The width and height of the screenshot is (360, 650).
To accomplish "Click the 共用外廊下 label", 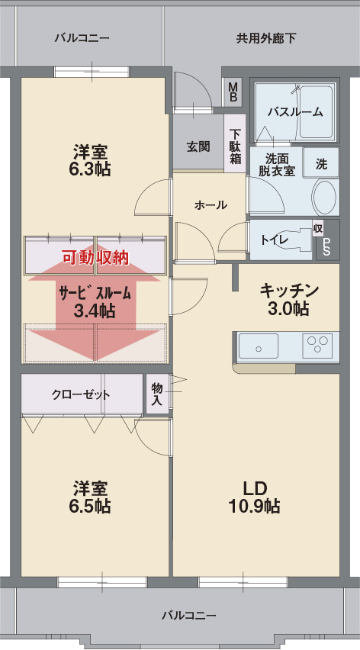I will click(x=265, y=37).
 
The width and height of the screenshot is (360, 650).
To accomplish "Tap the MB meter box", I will click(x=233, y=92).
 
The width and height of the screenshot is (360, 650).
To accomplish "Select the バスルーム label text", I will click(x=294, y=111).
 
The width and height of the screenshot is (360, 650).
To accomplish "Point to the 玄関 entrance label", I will click(x=198, y=146).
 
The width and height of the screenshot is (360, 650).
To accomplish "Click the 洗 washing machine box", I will click(x=321, y=162).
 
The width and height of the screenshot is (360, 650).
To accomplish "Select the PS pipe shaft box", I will click(x=327, y=245).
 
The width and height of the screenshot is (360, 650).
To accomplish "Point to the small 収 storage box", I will click(x=318, y=228).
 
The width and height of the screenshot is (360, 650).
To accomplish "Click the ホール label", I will click(x=210, y=204).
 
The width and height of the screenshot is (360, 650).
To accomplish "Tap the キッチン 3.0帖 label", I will click(x=288, y=299).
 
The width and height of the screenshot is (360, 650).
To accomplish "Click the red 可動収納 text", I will click(x=95, y=258).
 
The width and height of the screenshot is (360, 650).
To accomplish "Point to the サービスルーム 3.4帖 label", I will click(x=95, y=301).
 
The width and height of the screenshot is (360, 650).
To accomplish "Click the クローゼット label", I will click(x=81, y=394).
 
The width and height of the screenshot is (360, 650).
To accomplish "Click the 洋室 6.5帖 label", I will click(x=92, y=496).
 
